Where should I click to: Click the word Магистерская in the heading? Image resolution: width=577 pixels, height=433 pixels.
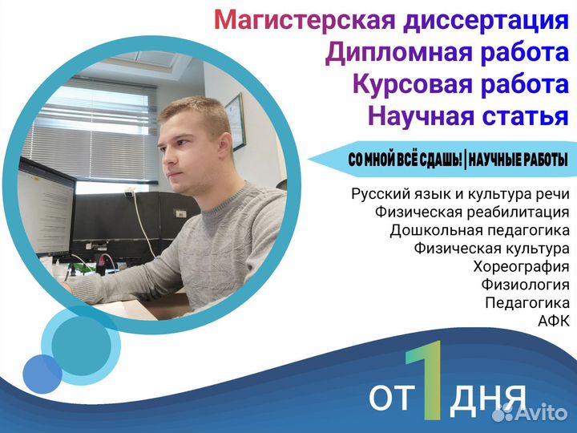pos(305,19)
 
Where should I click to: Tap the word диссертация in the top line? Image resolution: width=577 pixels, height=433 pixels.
pos(486,21)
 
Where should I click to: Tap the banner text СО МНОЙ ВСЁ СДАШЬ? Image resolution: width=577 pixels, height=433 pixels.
pos(406,160)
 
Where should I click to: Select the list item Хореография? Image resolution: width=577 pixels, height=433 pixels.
pos(521,266)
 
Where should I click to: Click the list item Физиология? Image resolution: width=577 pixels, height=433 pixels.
pos(526,284)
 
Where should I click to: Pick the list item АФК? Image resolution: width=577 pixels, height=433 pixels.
pos(554,321)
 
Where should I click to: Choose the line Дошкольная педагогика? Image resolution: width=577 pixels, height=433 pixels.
pos(479,230)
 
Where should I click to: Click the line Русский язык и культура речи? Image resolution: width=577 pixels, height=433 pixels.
pos(460,194)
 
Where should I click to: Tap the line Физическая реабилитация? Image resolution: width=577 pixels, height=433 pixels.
pos(473,212)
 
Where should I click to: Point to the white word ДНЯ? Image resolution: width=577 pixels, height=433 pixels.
pos(487,399)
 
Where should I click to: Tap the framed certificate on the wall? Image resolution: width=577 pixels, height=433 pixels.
pos(236,122)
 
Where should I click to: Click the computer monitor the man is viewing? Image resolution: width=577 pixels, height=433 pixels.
pos(46,207)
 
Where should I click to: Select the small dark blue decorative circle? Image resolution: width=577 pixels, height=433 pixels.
pos(42,374)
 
